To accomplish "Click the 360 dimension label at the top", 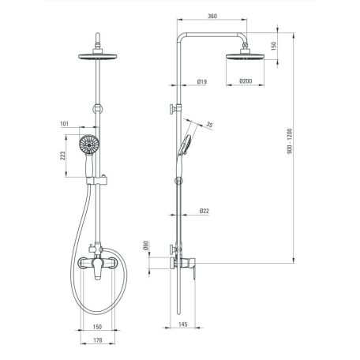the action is click(212, 16).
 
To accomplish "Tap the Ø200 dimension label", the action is click(246, 81).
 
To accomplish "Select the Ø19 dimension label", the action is click(202, 81).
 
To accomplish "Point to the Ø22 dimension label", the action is click(204, 211).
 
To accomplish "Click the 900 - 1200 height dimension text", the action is click(290, 141).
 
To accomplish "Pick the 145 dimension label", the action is click(182, 324).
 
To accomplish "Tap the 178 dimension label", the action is click(98, 340).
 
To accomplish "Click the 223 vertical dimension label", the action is click(62, 156).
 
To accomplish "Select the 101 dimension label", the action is click(64, 124).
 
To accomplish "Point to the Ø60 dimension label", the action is click(145, 246).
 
